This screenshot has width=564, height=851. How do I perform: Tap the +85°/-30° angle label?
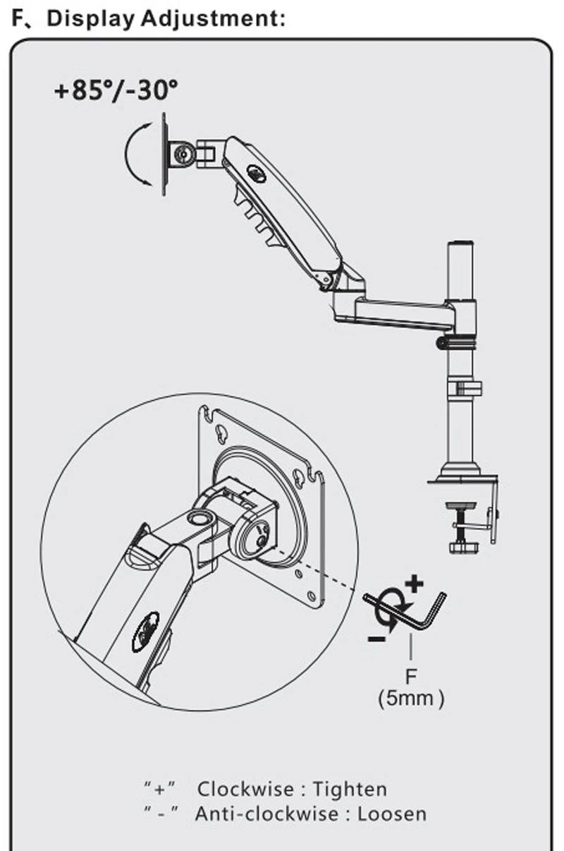pyautogui.click(x=116, y=91)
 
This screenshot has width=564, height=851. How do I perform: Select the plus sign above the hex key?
pyautogui.click(x=415, y=583)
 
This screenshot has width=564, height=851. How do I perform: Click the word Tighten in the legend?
pyautogui.click(x=350, y=789)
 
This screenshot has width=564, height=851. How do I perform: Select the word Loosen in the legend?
pyautogui.click(x=392, y=814)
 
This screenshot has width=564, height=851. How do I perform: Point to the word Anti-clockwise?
pyautogui.click(x=268, y=814)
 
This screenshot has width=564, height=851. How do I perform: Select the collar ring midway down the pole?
pyautogui.click(x=463, y=387)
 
